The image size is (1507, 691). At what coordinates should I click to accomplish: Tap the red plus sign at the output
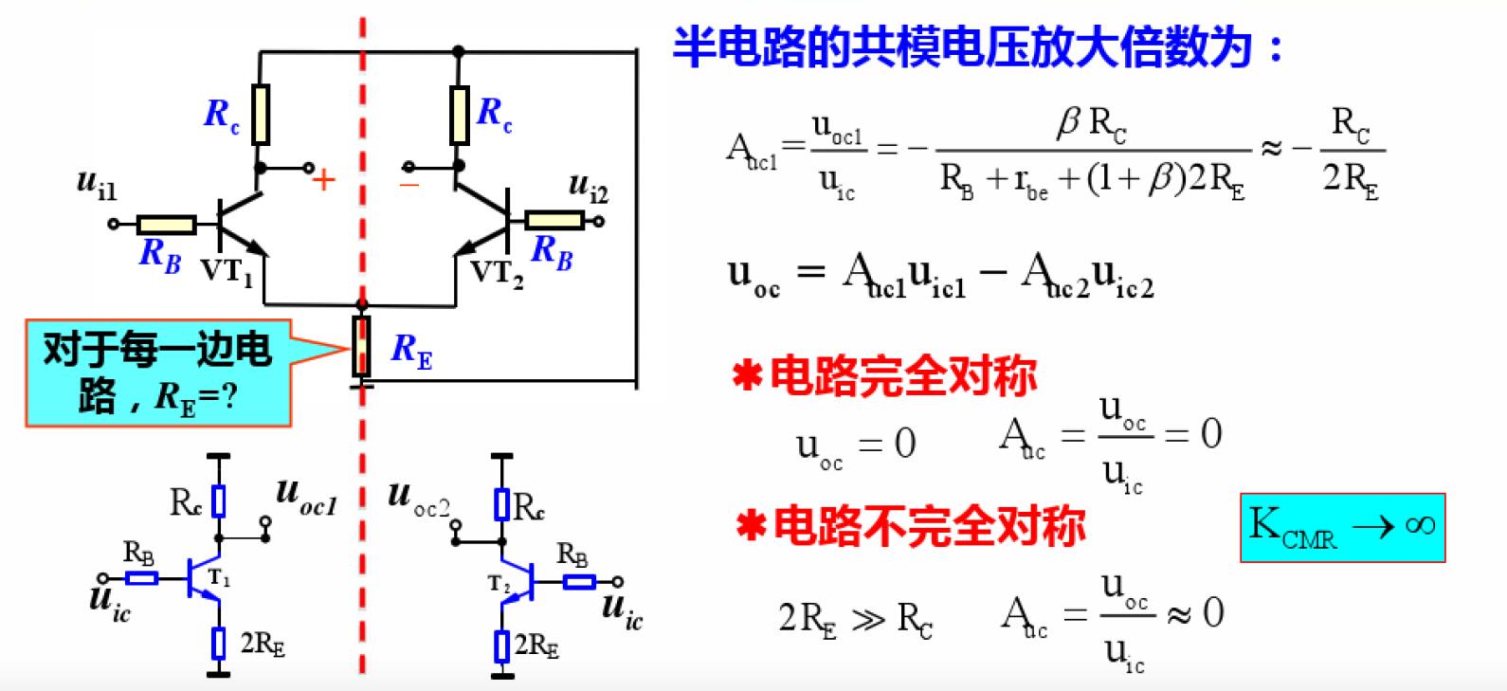pyautogui.click(x=324, y=180)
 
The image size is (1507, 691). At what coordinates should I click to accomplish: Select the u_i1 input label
pyautogui.click(x=97, y=184)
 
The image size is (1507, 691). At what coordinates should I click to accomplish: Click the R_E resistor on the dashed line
pyautogui.click(x=361, y=347)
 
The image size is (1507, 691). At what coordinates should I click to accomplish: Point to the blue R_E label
pyautogui.click(x=411, y=351)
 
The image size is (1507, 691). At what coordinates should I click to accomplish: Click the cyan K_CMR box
pyautogui.click(x=1342, y=527)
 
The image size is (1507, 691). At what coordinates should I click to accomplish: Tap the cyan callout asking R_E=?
pyautogui.click(x=157, y=373)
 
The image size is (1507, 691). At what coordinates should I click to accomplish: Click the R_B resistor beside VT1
pyautogui.click(x=167, y=225)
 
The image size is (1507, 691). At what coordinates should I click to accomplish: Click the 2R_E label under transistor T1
pyautogui.click(x=262, y=644)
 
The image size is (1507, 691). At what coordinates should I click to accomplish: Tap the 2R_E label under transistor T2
pyautogui.click(x=536, y=646)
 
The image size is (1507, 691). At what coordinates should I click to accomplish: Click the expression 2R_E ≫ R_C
pyautogui.click(x=855, y=619)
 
